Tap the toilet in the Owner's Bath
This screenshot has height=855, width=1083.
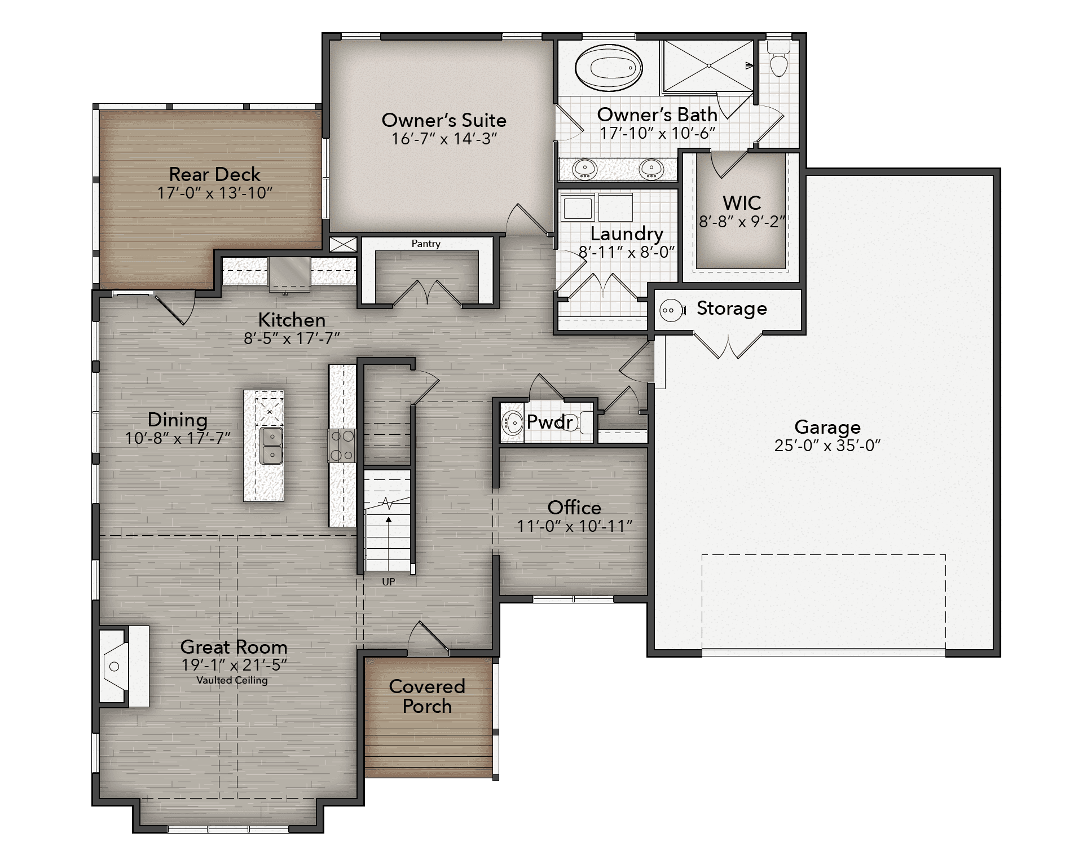779,58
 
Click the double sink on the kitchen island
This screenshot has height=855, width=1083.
272,446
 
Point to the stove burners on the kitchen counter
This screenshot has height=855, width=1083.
342,446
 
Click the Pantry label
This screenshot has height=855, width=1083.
426,244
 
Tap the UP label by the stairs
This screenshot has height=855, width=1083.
389,581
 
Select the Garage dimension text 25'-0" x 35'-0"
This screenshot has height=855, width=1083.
827,446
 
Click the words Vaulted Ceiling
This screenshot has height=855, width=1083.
232,680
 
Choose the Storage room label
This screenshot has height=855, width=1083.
732,308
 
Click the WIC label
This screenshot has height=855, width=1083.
742,203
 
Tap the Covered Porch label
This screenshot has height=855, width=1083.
427,696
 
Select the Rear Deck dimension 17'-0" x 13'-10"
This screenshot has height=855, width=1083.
215,193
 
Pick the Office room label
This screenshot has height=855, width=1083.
574,507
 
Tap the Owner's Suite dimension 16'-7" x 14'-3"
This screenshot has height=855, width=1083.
444,139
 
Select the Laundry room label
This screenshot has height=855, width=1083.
627,234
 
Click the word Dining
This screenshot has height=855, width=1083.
178,420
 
